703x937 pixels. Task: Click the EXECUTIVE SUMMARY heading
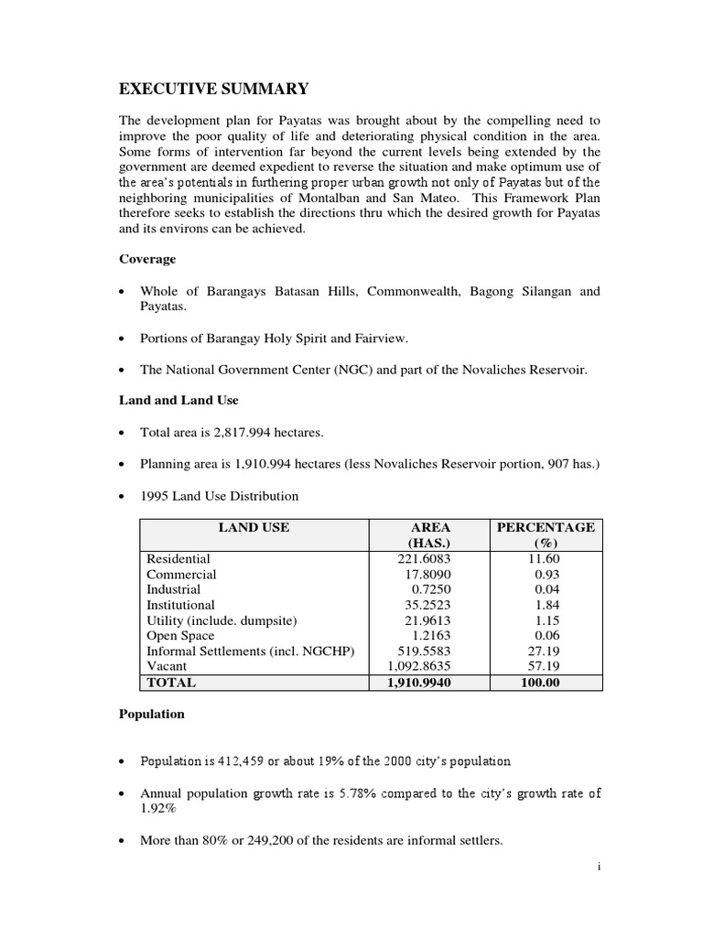click(214, 89)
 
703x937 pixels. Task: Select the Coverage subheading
click(146, 258)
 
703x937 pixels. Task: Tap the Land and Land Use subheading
click(178, 399)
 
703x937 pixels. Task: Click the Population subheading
click(151, 713)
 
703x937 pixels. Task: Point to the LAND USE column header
click(253, 527)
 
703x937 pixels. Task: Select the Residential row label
click(178, 558)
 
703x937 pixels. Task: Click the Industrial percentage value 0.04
click(546, 589)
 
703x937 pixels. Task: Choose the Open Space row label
click(180, 636)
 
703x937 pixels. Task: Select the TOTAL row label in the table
click(171, 683)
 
